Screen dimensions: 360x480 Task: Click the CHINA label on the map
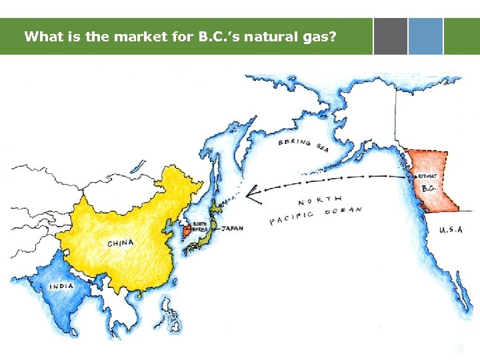pos(120,243)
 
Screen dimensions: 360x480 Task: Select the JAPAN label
pos(232,228)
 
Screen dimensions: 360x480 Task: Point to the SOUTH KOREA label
pos(200,226)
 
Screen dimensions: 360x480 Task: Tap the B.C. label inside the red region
pos(429,189)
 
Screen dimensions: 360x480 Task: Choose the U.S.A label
pos(450,230)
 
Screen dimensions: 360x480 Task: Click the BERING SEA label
pos(303,145)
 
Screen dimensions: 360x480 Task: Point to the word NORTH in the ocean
pos(319,201)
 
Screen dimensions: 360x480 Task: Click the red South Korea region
pos(187,232)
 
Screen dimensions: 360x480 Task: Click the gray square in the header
pos(390,36)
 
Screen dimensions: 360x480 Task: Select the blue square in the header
pos(425,36)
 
